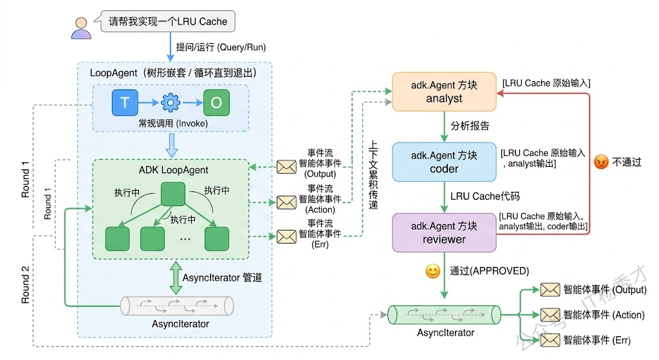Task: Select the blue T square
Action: pos(125,102)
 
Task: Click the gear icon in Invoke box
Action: pos(170,102)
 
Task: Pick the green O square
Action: pos(216,102)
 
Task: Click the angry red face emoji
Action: pos(601,162)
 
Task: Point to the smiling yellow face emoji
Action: pos(432,271)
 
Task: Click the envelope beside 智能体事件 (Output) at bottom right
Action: pos(550,290)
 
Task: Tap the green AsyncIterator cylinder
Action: pos(444,315)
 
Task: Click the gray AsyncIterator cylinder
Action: pos(177,305)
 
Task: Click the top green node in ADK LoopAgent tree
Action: pos(172,194)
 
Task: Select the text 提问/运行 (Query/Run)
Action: pos(221,47)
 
